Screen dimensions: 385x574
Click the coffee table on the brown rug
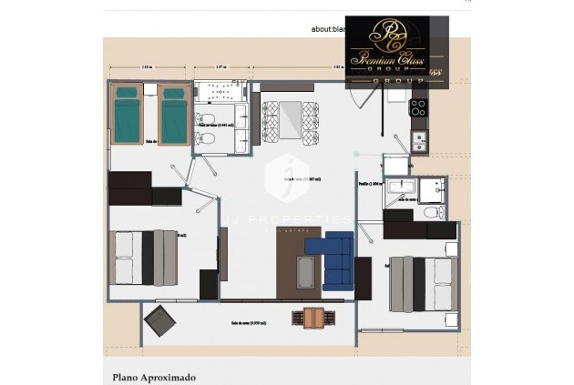tap(306, 270)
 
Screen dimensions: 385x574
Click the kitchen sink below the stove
tap(419, 140)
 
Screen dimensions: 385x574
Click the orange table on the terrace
tap(311, 318)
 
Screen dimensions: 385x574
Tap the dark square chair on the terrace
tap(161, 319)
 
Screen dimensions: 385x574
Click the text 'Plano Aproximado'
tap(153, 375)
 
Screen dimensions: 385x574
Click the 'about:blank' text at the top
tap(327, 29)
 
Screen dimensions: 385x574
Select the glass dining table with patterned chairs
tap(291, 121)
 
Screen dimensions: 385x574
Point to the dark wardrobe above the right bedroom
tap(419, 224)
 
